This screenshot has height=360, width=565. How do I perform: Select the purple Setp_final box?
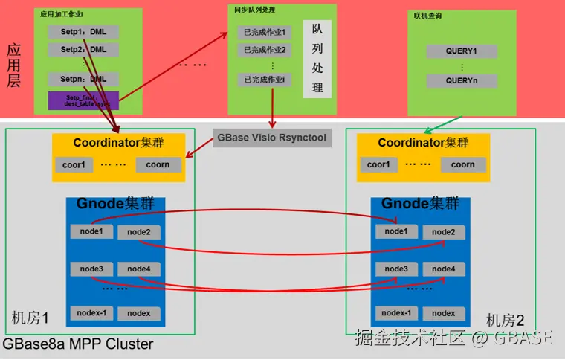[x=83, y=100]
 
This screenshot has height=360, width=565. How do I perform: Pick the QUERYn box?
[x=461, y=80]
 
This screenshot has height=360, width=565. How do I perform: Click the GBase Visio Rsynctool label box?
[x=271, y=138]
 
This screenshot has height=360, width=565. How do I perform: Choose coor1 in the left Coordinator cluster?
[x=74, y=165]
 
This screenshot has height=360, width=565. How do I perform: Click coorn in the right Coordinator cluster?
[x=462, y=165]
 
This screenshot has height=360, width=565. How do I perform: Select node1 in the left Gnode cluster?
[x=91, y=231]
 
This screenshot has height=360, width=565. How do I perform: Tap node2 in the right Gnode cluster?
[x=444, y=232]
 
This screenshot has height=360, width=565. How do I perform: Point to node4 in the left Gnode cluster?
[x=139, y=269]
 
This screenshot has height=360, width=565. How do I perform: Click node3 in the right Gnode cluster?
[x=396, y=269]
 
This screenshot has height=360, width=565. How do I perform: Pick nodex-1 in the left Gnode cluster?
[x=91, y=313]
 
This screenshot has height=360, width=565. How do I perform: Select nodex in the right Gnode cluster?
[x=444, y=314]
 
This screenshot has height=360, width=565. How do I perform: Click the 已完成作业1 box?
[x=265, y=33]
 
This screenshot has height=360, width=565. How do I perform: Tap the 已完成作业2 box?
[x=265, y=51]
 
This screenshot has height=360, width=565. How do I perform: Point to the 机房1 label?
[x=30, y=318]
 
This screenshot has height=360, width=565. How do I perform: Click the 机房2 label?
[x=505, y=321]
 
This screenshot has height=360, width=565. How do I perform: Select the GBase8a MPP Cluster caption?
[x=77, y=344]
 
